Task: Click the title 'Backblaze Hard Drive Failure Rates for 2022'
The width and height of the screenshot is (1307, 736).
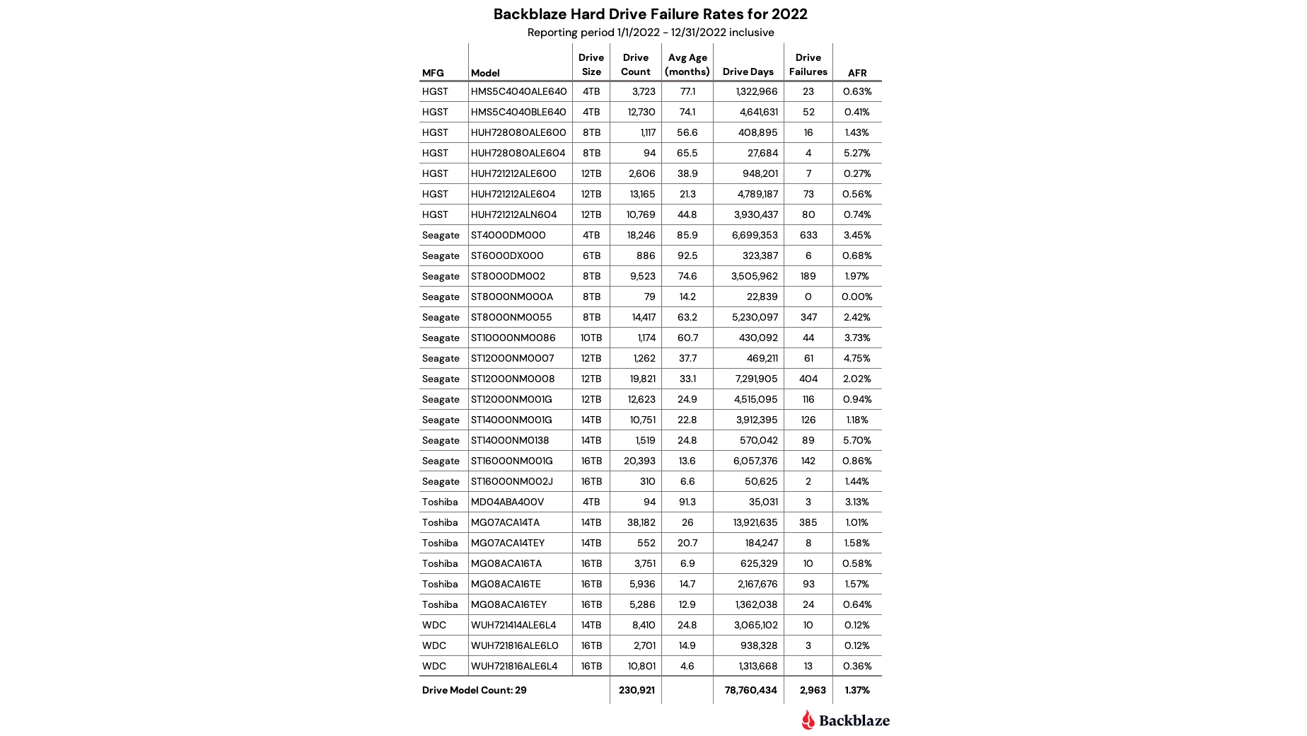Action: [x=650, y=14]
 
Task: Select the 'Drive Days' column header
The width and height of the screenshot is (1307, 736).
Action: [x=748, y=71]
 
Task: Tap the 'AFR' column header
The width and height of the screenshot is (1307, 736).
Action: [x=856, y=73]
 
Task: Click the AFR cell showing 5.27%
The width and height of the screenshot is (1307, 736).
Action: [x=856, y=153]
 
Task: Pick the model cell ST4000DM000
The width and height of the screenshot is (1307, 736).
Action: [x=508, y=235]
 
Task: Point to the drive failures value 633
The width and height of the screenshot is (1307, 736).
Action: [x=808, y=235]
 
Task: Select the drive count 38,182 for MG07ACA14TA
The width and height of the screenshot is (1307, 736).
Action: [x=641, y=522]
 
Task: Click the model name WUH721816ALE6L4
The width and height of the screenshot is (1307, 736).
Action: [x=513, y=666]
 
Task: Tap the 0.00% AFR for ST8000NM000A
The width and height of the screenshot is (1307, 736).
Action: [x=856, y=297]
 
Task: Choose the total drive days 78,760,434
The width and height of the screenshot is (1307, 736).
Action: [x=750, y=690]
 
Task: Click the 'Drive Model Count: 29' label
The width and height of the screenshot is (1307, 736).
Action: [x=474, y=690]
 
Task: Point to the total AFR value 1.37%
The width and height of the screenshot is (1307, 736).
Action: [x=856, y=690]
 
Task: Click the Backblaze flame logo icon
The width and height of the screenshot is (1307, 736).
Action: [x=808, y=720]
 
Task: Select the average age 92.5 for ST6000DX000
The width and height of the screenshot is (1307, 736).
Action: [x=687, y=255]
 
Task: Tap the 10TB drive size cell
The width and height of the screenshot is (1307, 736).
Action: [x=591, y=338]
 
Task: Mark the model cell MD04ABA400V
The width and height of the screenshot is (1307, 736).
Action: [x=507, y=502]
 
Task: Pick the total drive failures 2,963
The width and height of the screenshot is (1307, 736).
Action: [x=812, y=690]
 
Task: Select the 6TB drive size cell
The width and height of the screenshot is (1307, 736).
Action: [x=591, y=255]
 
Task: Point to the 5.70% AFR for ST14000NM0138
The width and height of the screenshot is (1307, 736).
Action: [x=856, y=440]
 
